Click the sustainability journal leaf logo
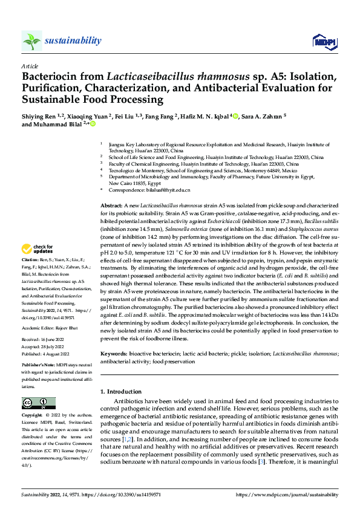32,41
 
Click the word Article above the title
30,65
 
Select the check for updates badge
38,248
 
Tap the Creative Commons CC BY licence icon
38,403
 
